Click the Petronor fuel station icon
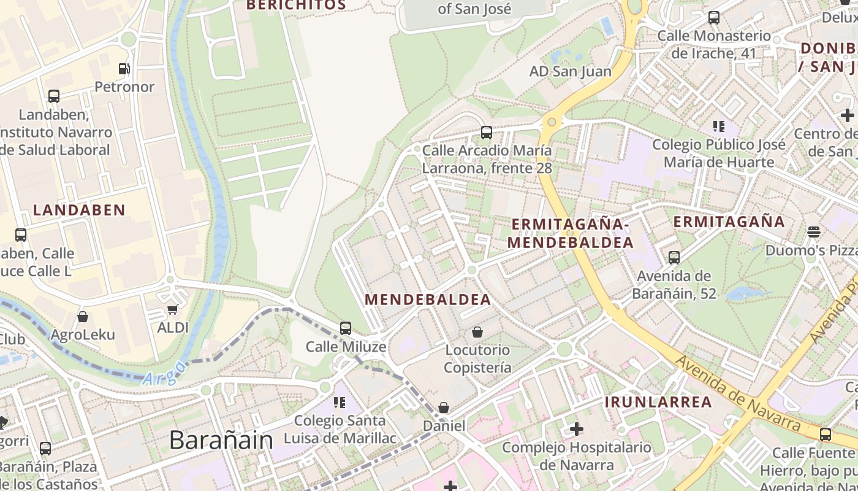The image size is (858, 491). coord(124,69)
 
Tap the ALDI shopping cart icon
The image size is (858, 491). coord(173,310)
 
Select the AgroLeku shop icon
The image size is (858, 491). coord(83,317)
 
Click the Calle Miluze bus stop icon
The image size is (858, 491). coord(346,328)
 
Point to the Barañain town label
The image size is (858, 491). coord(221,440)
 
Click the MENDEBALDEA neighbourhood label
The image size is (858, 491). coord(428,300)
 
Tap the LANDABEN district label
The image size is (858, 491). coord(79,210)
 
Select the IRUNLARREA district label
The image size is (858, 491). coord(658,402)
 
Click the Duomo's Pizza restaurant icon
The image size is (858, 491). coord(814,232)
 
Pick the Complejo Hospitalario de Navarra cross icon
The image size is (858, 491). coord(576,429)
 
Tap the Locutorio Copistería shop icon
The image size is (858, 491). coord(477,332)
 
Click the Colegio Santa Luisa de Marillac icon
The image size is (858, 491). coord(339,403)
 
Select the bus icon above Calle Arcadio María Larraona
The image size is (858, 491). coord(487,132)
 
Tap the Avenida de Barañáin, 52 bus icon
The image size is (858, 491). coord(674,258)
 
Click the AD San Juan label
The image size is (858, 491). coord(570,71)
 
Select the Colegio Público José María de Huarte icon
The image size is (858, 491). coord(718,127)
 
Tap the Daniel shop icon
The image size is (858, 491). coord(444,408)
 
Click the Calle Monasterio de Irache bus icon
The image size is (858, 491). coord(713,18)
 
